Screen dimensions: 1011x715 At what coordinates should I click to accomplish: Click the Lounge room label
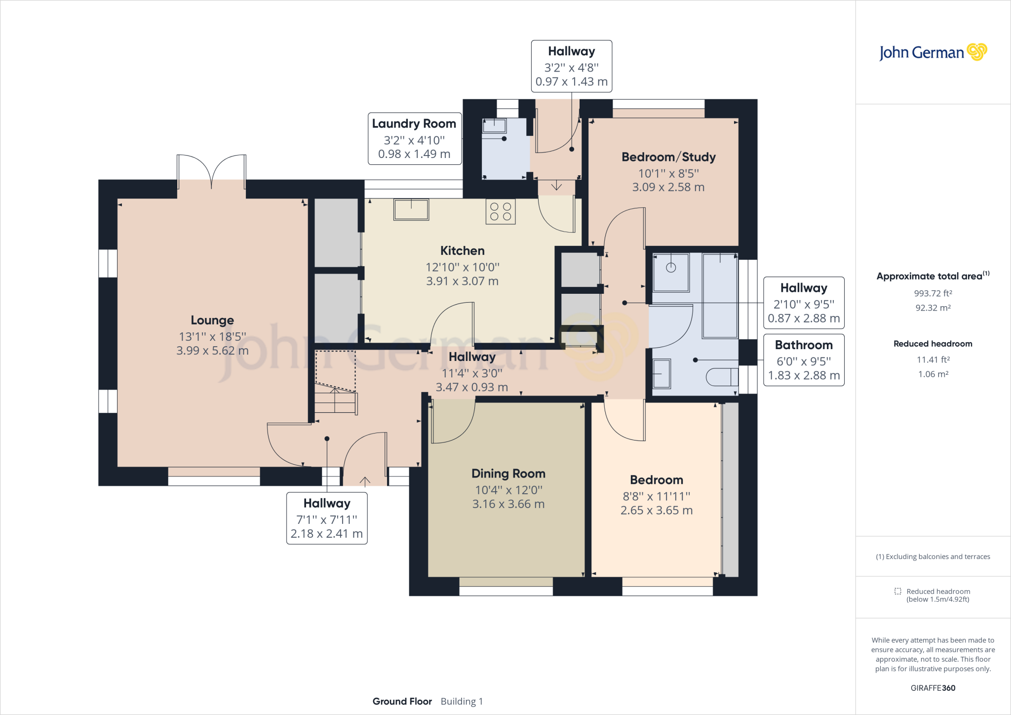212,320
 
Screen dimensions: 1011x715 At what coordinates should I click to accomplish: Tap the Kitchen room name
463,251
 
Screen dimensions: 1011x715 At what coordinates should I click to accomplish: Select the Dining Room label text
508,474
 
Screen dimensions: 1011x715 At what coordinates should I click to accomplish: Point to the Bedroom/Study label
668,157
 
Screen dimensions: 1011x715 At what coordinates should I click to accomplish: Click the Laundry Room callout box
415,139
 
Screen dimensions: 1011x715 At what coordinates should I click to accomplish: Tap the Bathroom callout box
804,360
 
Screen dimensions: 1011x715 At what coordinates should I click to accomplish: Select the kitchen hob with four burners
501,211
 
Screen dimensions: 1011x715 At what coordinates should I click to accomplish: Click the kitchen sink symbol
411,209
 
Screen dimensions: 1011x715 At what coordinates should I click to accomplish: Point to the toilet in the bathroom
722,377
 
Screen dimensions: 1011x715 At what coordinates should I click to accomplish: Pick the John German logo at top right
933,52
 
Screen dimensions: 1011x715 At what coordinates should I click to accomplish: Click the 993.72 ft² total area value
933,293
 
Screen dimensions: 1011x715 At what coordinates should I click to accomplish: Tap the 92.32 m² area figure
933,308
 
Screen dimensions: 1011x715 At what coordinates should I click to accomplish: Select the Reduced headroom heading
933,344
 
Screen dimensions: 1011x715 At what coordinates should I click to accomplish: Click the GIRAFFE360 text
933,688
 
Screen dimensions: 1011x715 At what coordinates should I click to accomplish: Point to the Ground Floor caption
402,701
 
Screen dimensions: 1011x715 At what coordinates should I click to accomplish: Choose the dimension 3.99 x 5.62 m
212,351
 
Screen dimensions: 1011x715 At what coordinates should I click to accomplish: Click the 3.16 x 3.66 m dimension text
508,504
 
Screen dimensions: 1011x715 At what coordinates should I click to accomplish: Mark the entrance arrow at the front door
365,481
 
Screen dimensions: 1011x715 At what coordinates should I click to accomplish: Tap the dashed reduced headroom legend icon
897,591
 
